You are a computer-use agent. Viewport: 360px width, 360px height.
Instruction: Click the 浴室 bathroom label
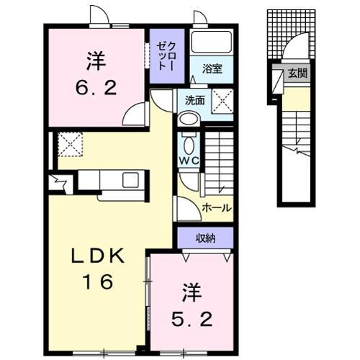(x=212, y=68)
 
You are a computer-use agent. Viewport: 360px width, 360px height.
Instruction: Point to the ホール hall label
(x=217, y=207)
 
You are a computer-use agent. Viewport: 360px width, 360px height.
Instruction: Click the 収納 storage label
(x=204, y=235)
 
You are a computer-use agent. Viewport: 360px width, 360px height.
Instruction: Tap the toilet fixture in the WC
(x=189, y=140)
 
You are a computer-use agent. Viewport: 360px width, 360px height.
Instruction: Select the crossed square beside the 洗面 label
(x=222, y=104)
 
